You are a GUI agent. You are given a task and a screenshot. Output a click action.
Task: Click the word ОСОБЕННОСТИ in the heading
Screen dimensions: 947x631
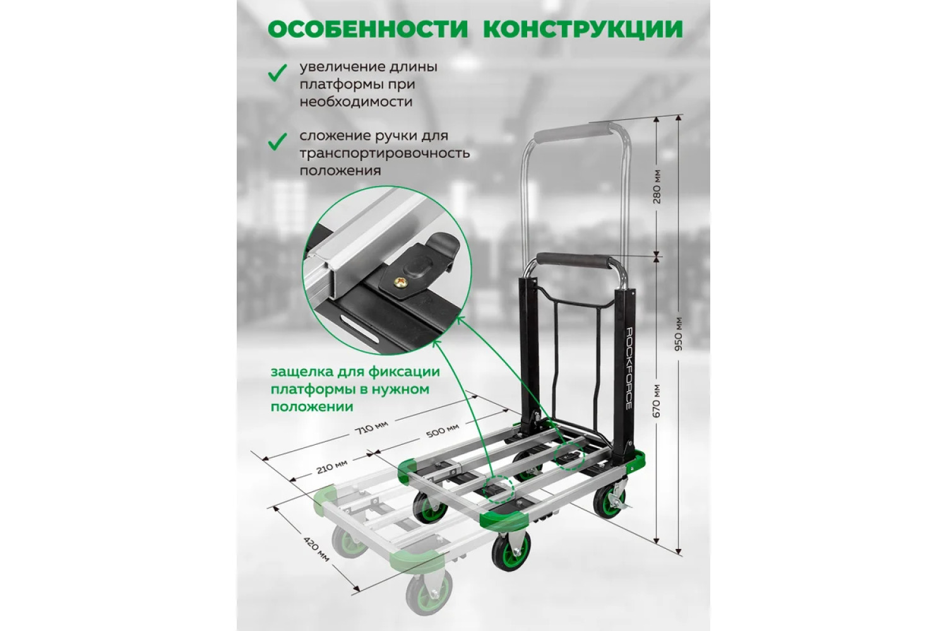click(368, 29)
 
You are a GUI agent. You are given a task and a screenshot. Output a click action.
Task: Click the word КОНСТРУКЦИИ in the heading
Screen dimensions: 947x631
click(583, 29)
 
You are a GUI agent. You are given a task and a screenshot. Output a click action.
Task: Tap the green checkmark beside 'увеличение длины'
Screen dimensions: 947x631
click(278, 73)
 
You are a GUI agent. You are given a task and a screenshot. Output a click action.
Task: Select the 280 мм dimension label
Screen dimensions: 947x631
click(657, 186)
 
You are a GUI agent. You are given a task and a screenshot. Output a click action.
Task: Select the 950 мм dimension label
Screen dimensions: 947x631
click(679, 333)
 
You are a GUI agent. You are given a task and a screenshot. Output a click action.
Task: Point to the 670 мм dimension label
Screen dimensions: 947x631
click(657, 401)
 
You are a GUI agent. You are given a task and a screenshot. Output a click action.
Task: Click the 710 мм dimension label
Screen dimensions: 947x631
click(372, 427)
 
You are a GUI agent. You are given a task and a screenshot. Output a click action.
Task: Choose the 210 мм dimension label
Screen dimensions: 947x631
click(332, 466)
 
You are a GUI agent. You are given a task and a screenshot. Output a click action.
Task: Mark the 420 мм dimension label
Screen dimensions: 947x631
click(316, 550)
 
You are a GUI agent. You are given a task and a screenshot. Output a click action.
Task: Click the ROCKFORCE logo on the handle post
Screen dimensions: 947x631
click(628, 368)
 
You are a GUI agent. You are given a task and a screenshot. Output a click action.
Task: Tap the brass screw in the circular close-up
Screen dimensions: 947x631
click(399, 281)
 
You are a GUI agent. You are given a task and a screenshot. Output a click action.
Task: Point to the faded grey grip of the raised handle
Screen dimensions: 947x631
click(572, 133)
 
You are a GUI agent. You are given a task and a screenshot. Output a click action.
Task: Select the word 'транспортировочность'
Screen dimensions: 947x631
click(384, 154)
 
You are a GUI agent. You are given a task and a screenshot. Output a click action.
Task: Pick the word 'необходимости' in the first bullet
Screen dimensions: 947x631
click(356, 102)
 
